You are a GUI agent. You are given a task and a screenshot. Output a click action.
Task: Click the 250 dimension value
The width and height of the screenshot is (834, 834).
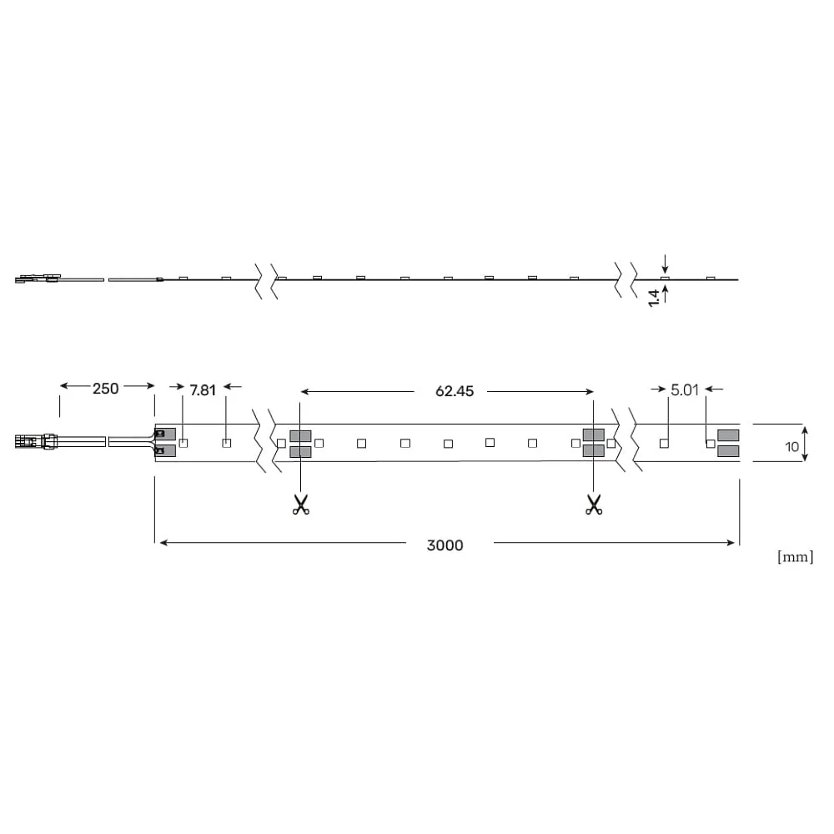105,389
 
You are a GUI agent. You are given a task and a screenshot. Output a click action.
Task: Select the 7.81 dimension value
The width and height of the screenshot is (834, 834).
203,390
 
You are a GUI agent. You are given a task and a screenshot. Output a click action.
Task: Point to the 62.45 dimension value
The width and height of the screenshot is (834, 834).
455,391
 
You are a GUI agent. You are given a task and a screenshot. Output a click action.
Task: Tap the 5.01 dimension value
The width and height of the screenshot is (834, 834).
685,389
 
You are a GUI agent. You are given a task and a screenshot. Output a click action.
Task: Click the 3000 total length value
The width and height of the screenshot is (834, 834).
445,545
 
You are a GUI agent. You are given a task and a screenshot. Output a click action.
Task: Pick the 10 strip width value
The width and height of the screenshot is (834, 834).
792,447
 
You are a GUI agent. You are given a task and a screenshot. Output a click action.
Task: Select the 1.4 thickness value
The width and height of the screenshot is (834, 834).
654,298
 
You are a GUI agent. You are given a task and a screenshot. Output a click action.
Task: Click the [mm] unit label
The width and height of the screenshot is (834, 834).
795,557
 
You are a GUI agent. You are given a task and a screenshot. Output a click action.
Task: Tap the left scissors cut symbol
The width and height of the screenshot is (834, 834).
300,505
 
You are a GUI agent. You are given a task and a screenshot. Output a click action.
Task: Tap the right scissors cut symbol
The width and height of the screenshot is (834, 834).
594,505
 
